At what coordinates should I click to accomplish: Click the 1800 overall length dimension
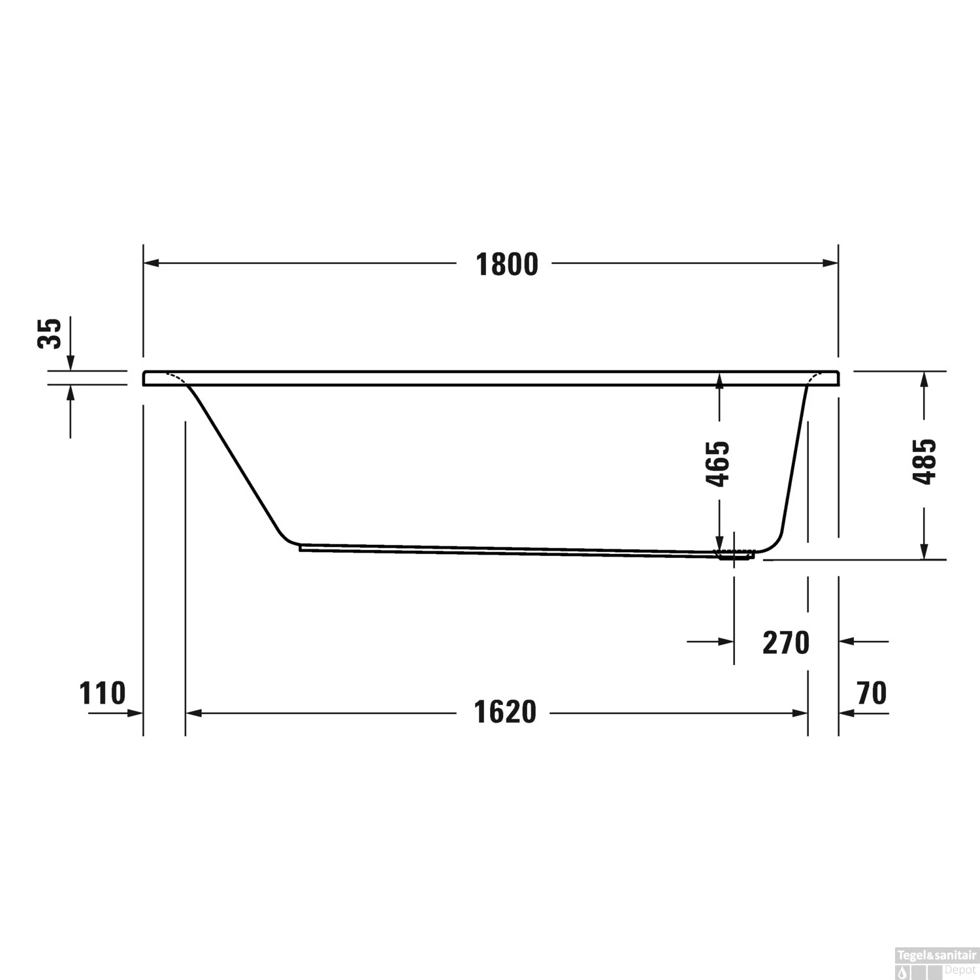point(507,264)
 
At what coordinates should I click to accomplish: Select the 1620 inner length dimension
point(505,711)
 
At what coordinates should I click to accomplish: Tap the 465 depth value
point(719,464)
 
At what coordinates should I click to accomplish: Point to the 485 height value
point(924,461)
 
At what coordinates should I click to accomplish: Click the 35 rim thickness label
point(50,333)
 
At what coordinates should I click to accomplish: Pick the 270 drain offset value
point(786,642)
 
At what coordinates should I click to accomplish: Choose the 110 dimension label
point(102,693)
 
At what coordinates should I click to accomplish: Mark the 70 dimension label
point(872,693)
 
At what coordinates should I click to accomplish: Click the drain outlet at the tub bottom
point(736,555)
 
